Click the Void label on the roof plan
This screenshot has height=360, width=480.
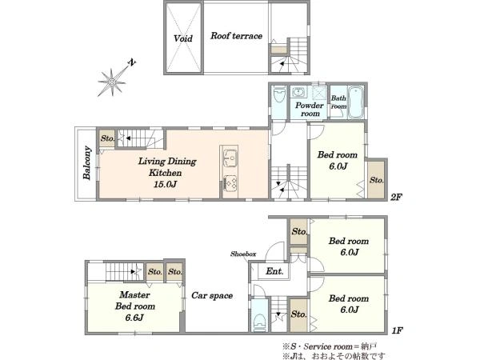[x=183, y=38]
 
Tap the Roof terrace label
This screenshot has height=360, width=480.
[x=236, y=36]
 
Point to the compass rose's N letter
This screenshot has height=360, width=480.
[x=132, y=62]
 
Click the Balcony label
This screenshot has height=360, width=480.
[x=87, y=162]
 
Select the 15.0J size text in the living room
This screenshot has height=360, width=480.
[x=166, y=184]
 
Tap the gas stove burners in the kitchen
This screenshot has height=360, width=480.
[x=230, y=183]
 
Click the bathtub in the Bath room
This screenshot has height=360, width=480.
[x=356, y=102]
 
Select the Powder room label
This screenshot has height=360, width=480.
[x=310, y=110]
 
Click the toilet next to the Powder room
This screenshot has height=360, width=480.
[x=279, y=94]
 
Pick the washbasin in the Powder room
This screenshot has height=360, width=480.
[x=298, y=91]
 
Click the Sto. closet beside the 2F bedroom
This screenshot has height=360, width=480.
[x=376, y=180]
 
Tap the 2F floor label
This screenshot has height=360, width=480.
[x=396, y=197]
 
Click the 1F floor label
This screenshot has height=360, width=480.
[x=397, y=330]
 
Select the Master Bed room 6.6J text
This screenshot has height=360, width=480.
[x=135, y=306]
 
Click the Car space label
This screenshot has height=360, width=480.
[x=212, y=295]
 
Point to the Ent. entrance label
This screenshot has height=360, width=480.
[x=274, y=271]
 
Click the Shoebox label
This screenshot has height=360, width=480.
[x=243, y=254]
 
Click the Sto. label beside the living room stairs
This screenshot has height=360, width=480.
[x=107, y=138]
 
